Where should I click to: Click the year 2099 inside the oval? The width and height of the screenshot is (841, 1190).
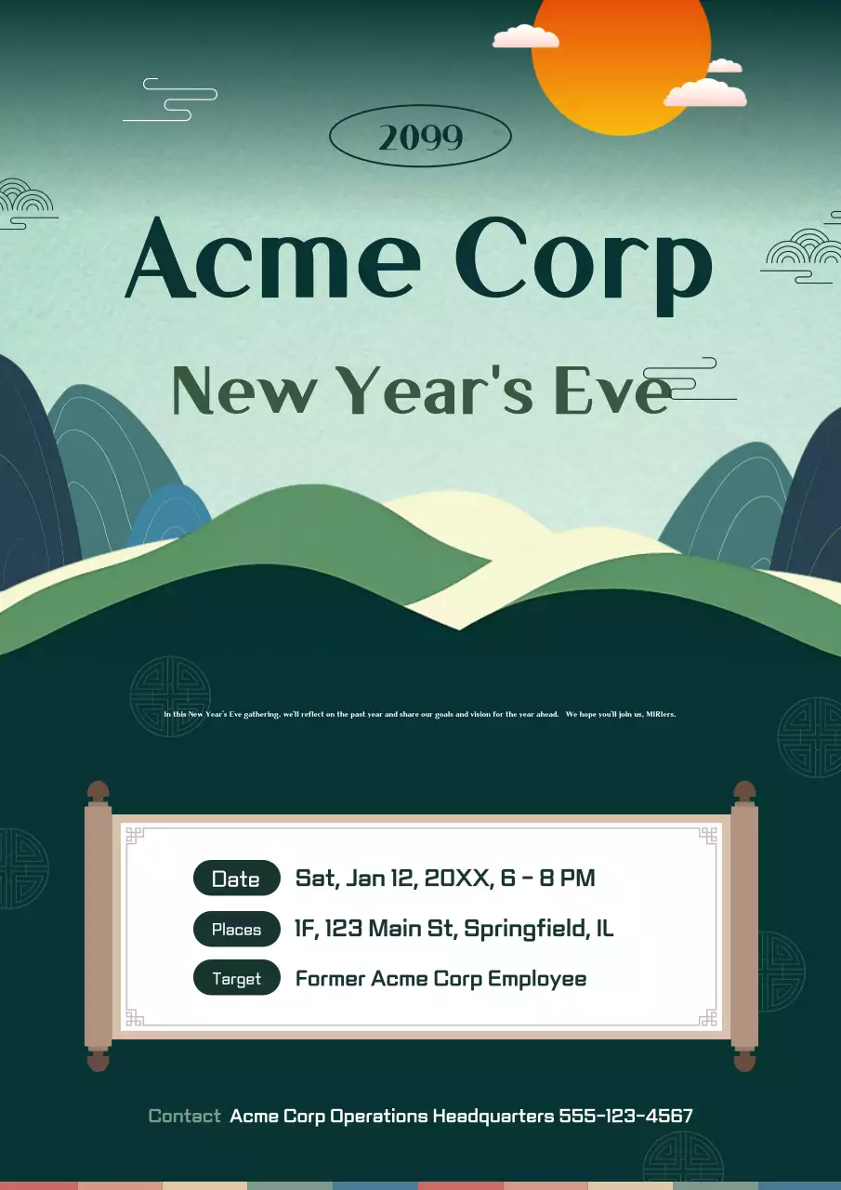click(420, 138)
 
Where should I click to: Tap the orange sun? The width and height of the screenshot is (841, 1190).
click(621, 56)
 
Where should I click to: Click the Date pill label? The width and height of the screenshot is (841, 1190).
click(236, 879)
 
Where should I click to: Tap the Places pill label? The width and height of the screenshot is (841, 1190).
click(236, 930)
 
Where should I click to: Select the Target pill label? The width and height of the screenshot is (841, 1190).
click(236, 979)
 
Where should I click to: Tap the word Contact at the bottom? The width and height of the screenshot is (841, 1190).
click(185, 1116)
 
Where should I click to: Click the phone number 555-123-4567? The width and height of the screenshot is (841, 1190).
click(625, 1116)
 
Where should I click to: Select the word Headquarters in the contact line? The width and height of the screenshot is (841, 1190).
click(493, 1116)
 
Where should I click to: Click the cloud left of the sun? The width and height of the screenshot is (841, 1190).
click(526, 37)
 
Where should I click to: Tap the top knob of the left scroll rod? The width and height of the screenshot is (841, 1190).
click(98, 792)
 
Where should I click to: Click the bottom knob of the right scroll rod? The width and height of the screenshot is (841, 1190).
click(744, 1060)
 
